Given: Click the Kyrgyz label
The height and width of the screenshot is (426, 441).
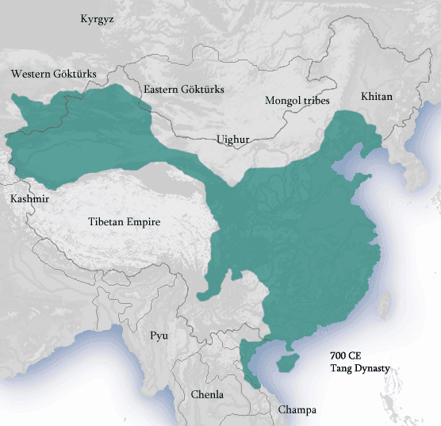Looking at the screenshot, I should [97, 19].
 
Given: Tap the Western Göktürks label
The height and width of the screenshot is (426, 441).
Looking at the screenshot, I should [54, 74].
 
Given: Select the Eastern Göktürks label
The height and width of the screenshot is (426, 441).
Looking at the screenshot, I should [184, 90].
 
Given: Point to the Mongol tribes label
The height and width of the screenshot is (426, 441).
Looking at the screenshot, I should [297, 101].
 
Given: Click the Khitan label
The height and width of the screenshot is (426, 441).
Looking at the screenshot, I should [377, 96].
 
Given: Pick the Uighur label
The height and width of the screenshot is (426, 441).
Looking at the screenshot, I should [233, 140].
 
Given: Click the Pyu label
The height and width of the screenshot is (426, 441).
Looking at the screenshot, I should [159, 336].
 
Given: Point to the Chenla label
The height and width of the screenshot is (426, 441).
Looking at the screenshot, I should [207, 394].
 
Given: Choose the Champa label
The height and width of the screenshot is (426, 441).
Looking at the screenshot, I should [297, 410].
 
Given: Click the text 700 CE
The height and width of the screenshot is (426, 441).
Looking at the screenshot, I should [347, 357].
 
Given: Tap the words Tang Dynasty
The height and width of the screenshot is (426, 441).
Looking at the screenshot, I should [361, 369].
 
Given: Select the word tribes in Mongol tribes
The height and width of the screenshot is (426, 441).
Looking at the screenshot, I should [316, 101].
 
